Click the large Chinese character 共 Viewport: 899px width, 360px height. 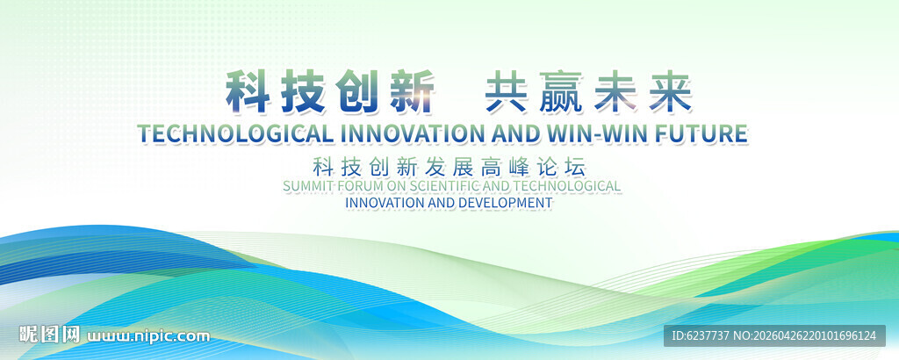pos(506,92)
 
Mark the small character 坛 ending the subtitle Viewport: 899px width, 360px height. pos(576,167)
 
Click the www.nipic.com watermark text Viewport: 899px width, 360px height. pos(148,336)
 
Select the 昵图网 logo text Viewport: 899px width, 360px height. pos(49,335)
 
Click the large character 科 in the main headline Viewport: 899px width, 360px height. pos(247,92)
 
